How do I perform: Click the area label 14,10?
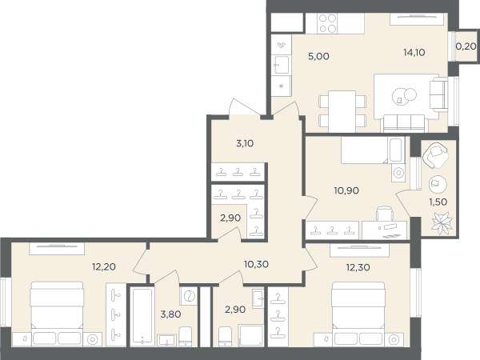pos(414,53)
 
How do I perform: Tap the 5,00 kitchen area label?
pos(318,56)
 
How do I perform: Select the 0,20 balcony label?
pos(466,46)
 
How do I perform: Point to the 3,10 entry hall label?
pos(245,143)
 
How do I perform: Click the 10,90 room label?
pos(346,190)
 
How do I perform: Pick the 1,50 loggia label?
pos(438,202)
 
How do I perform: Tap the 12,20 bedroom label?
pos(104,266)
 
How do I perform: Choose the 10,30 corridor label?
pos(256,264)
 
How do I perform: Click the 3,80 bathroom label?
pos(170,314)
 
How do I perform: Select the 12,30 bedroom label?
pos(358,267)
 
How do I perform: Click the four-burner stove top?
pos(327,23)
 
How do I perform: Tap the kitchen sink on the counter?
pos(282,65)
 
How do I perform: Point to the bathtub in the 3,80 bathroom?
pos(142,316)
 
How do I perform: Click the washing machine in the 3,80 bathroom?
pos(189,296)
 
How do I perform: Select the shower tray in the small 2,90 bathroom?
pos(251,335)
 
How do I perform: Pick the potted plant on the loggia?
pos(442,223)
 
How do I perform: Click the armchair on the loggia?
pos(435,156)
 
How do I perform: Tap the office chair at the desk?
pos(385,213)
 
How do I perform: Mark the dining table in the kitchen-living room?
pos(342,111)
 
